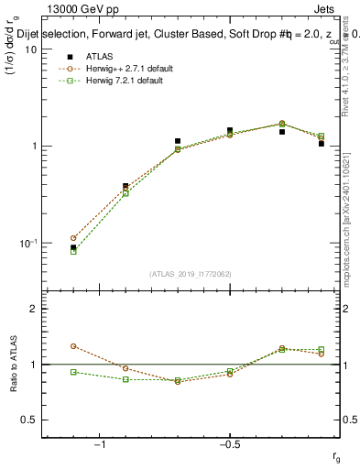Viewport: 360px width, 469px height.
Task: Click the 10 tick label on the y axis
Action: click(29, 49)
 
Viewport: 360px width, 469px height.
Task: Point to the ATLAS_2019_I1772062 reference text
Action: click(190, 273)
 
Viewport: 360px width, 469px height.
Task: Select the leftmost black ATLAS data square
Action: click(73, 247)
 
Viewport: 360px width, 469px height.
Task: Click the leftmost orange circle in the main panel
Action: click(73, 238)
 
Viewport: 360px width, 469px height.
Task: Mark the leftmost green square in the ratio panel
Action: click(73, 372)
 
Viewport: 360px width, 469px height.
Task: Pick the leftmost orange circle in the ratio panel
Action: click(73, 346)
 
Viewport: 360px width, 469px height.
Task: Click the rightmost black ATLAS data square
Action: click(322, 143)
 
